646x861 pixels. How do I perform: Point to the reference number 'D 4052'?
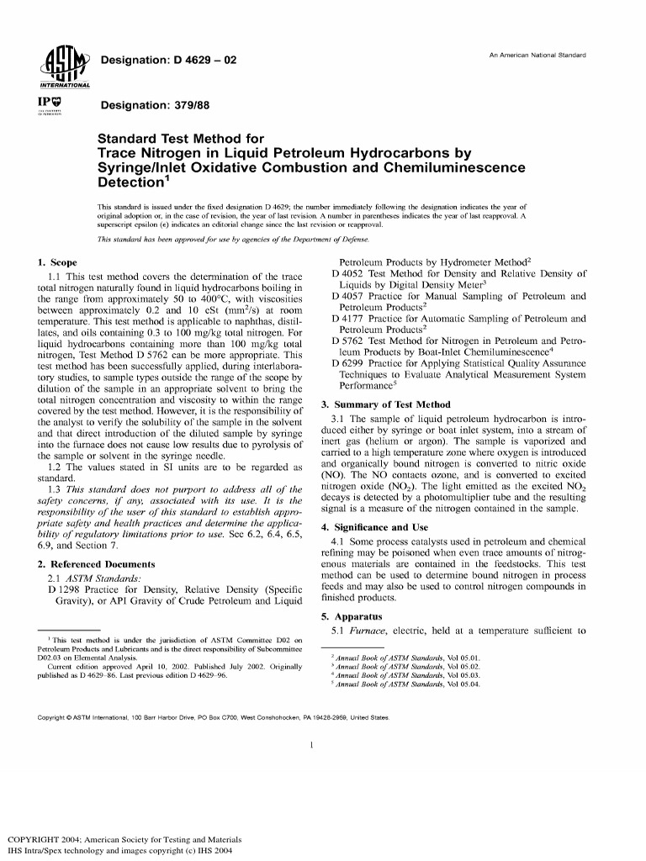tap(349, 273)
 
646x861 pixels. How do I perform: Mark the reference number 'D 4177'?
tap(349, 319)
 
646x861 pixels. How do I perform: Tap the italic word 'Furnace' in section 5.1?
tap(368, 631)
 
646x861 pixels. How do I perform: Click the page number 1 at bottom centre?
tap(311, 745)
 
